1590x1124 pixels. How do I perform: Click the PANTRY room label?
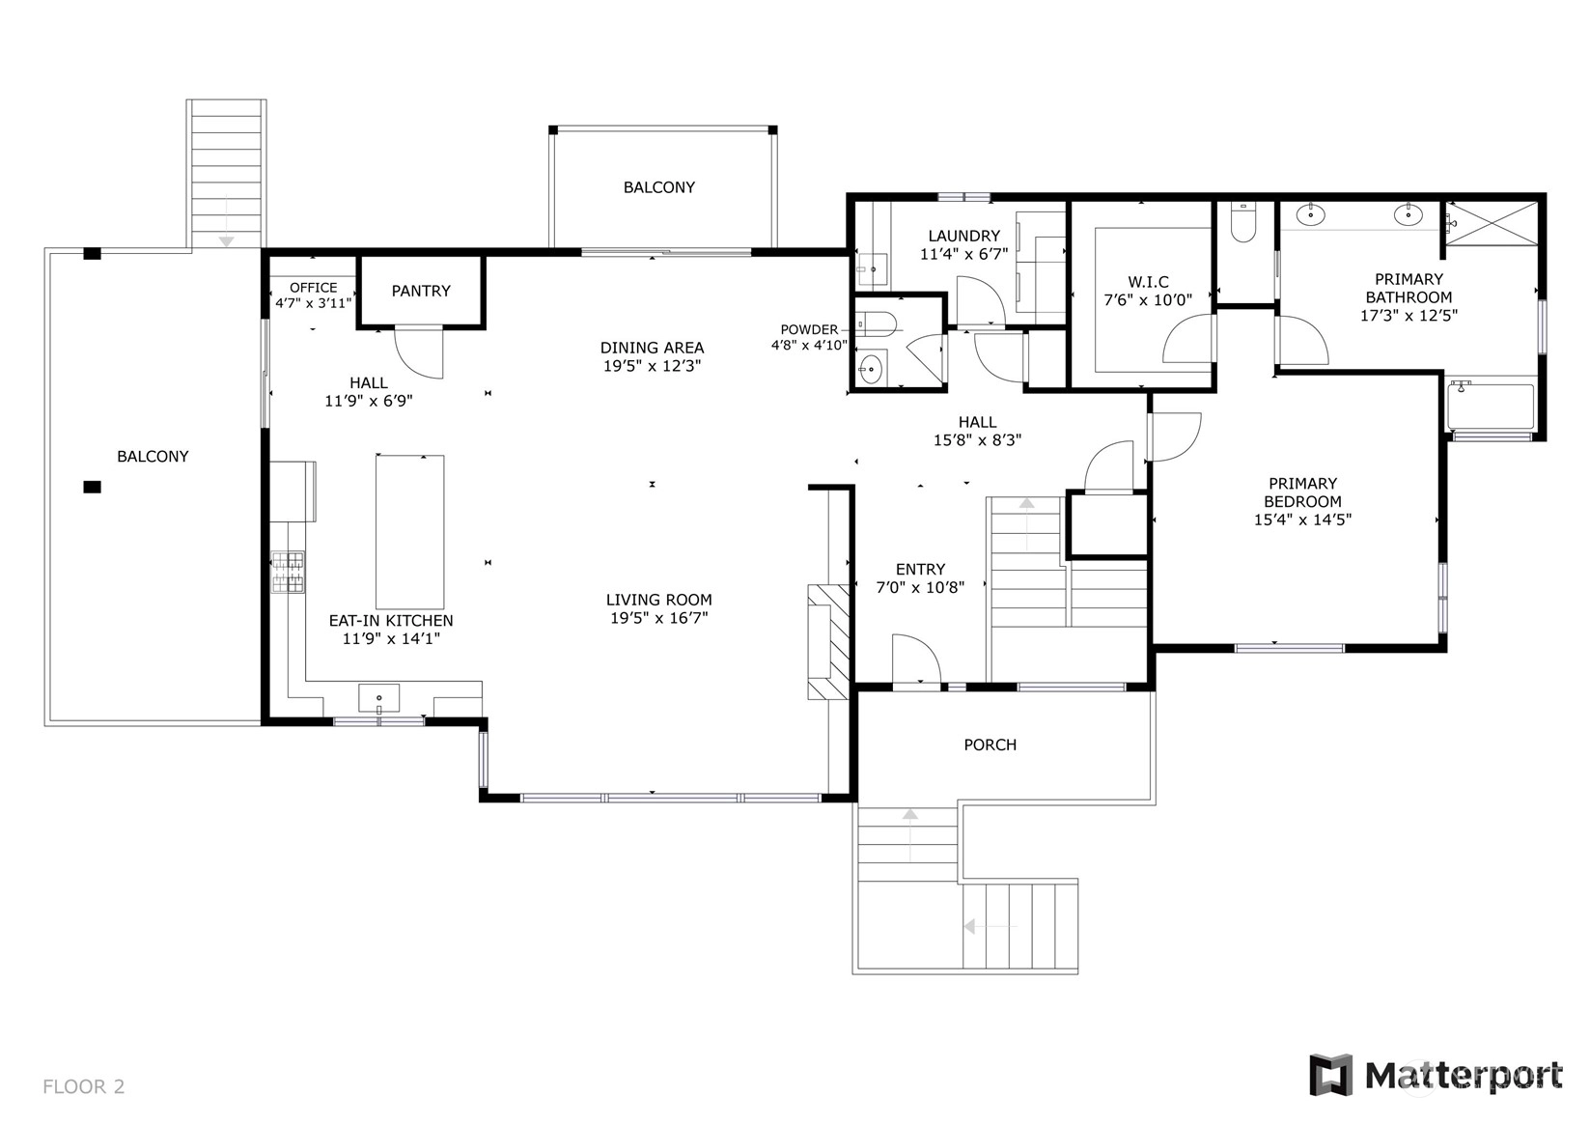pos(421,291)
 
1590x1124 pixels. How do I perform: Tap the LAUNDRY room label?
pos(963,236)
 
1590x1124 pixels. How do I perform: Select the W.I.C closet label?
pos(1148,282)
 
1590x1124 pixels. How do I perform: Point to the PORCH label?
pos(990,745)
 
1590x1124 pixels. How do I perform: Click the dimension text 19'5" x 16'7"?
pos(659,618)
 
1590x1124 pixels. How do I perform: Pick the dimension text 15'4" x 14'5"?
pos(1302,520)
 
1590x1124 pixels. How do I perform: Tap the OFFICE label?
pos(313,288)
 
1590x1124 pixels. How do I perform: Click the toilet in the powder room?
pos(879,324)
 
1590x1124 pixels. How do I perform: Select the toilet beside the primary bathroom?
pos(1243,222)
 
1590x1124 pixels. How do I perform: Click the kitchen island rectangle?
pos(409,532)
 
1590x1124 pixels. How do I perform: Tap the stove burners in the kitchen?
pos(288,572)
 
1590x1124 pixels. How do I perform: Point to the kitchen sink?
pos(378,698)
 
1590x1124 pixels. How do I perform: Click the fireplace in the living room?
pos(828,641)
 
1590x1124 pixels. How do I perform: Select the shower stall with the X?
pos(1492,224)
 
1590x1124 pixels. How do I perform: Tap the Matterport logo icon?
pos(1330,1075)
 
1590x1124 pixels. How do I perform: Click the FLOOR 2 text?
pos(84,1086)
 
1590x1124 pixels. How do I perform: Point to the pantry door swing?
pos(419,352)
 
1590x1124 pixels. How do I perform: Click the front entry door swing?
pos(916,660)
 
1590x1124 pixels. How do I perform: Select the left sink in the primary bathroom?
pos(1310,214)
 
